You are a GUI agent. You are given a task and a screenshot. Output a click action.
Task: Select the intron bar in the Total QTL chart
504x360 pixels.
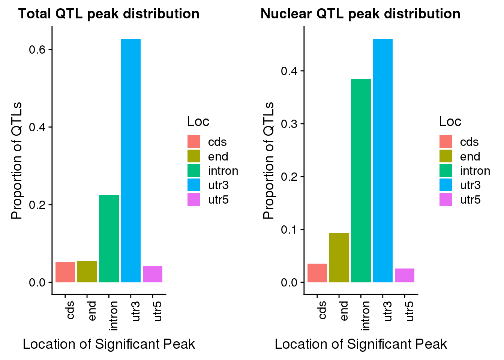coord(109,238)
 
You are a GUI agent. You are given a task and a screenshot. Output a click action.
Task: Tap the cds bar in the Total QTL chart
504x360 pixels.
coord(65,272)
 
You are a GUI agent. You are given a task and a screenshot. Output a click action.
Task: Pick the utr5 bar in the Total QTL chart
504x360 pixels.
coord(152,274)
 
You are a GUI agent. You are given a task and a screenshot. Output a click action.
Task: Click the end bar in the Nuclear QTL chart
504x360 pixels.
coord(339,258)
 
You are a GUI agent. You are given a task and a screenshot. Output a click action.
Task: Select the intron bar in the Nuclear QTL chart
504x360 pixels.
coord(361,180)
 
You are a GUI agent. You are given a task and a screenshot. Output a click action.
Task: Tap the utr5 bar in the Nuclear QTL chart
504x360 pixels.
coord(404,275)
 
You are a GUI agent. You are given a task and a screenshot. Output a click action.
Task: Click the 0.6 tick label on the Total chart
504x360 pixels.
coord(37,50)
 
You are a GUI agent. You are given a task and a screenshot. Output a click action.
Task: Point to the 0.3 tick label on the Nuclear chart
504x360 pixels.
coord(289,124)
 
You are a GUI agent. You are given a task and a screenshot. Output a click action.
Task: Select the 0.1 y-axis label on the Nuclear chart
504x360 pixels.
coord(289,229)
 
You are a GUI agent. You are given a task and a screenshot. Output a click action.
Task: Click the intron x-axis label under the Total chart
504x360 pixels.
coord(113,315)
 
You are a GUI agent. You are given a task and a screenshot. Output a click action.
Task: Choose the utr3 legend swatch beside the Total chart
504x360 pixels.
coord(194,185)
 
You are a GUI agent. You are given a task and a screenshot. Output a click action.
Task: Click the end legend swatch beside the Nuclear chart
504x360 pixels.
coord(446,156)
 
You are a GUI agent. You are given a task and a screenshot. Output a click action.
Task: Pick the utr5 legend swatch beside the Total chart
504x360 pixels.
coord(194,199)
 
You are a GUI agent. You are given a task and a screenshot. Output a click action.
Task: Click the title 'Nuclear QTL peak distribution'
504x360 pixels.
coord(360,14)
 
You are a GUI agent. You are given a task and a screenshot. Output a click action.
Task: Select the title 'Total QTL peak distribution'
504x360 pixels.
coord(109,14)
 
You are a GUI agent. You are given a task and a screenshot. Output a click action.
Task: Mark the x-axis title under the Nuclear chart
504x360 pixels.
coord(360,344)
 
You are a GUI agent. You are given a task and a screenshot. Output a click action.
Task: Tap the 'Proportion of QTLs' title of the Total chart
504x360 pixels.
coord(16,160)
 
